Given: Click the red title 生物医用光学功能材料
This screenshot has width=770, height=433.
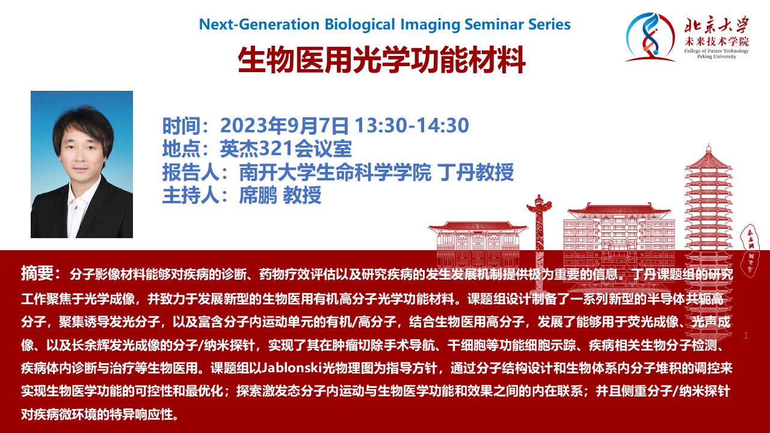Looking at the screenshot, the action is click(x=381, y=60).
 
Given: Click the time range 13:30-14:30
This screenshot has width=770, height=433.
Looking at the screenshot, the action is click(x=412, y=126).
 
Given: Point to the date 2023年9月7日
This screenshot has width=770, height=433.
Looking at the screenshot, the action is click(x=285, y=126).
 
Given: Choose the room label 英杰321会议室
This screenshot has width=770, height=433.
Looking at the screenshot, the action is click(x=286, y=149).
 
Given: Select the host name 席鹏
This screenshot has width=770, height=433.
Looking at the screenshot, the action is click(x=258, y=195).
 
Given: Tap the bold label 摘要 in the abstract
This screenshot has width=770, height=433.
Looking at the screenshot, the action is click(x=37, y=273).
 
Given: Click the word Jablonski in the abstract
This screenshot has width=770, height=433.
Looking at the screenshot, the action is click(x=292, y=368).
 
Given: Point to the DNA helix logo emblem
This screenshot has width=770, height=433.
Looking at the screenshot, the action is click(x=649, y=37).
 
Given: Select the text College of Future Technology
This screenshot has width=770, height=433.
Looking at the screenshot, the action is click(x=716, y=51).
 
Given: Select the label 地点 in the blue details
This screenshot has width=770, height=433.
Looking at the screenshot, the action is click(x=181, y=149).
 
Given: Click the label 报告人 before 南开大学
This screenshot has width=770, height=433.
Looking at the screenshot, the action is click(x=191, y=172).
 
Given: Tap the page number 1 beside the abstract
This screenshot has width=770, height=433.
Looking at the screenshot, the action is click(x=746, y=336).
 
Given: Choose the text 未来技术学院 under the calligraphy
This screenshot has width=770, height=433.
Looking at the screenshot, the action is click(x=716, y=42).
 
